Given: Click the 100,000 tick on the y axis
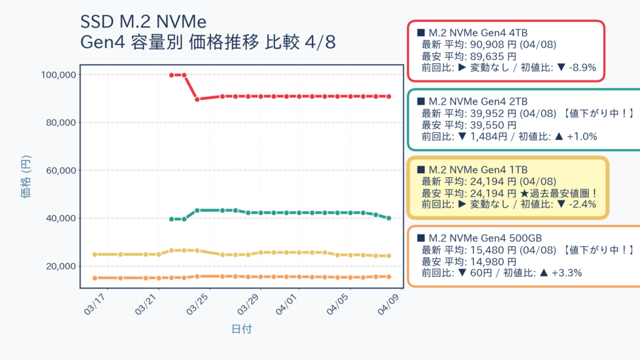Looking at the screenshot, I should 58,75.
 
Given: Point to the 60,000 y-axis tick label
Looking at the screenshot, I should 61,171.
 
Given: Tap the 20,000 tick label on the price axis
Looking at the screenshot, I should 61,266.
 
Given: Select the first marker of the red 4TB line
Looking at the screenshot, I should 171,75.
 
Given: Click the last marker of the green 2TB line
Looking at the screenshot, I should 389,218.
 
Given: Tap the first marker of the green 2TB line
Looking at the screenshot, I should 171,219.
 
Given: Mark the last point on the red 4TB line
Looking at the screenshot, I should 389,96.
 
